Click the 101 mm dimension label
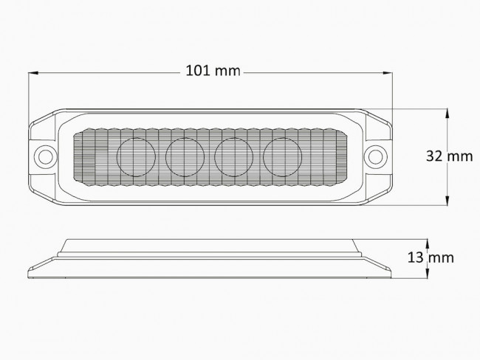(213, 71)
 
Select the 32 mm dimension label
(450, 156)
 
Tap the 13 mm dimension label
(431, 257)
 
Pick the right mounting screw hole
(374, 157)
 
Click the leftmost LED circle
(136, 157)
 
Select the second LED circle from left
(185, 157)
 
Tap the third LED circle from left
(233, 157)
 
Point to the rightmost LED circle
(282, 157)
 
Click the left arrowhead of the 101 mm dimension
(32, 73)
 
